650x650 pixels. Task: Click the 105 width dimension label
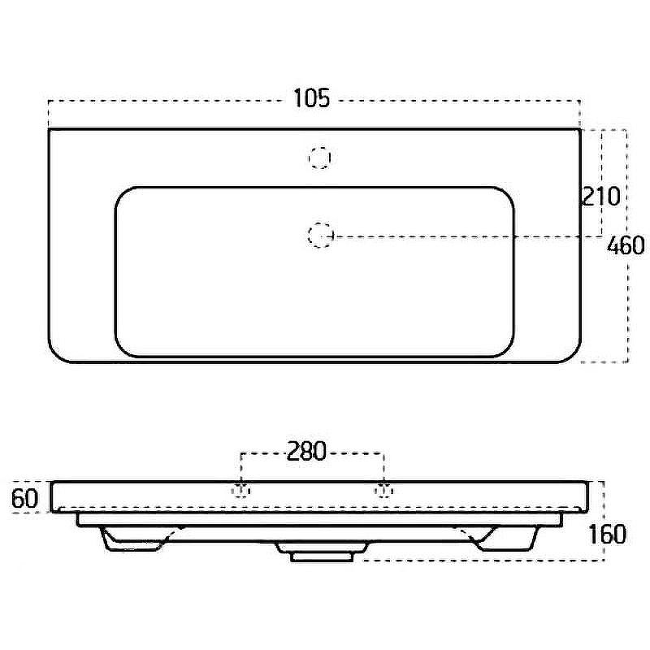[312, 98]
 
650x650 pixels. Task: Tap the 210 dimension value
[601, 197]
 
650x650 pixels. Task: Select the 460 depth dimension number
[626, 245]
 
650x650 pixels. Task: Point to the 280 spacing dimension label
[307, 452]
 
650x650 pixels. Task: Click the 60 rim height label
[25, 498]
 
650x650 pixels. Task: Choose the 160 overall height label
[607, 535]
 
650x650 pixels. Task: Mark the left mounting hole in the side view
[240, 491]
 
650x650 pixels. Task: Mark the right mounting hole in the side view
[383, 491]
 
